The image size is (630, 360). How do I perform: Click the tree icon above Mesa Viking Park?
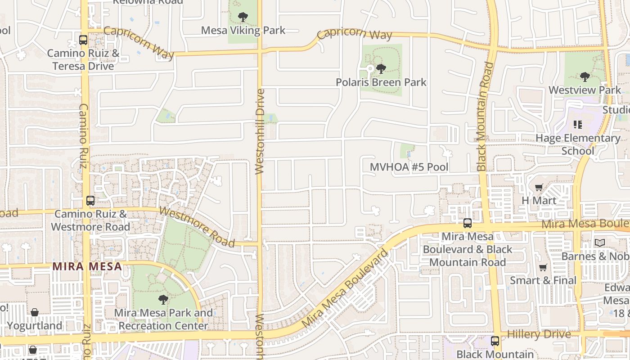243,18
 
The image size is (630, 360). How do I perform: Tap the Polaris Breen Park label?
381,82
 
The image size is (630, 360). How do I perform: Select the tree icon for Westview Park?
585,77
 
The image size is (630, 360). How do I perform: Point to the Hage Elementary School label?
578,144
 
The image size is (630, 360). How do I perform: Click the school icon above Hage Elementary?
578,124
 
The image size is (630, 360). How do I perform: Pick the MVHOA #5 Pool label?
409,167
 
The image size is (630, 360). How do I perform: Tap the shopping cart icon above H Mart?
539,187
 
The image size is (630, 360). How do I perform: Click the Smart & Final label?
543,280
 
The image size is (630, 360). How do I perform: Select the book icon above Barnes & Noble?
599,243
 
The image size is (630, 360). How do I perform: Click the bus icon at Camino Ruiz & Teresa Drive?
83,40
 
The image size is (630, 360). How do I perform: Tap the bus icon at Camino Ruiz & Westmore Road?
90,201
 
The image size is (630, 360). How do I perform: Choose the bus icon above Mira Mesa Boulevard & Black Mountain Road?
468,223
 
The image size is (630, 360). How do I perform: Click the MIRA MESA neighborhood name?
87,266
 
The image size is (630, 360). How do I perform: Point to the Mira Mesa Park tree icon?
163,299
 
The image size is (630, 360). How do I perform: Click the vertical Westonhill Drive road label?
260,131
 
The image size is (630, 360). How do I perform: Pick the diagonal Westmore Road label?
197,227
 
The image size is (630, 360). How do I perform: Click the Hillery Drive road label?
539,334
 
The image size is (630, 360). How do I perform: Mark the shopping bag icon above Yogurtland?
34,312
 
